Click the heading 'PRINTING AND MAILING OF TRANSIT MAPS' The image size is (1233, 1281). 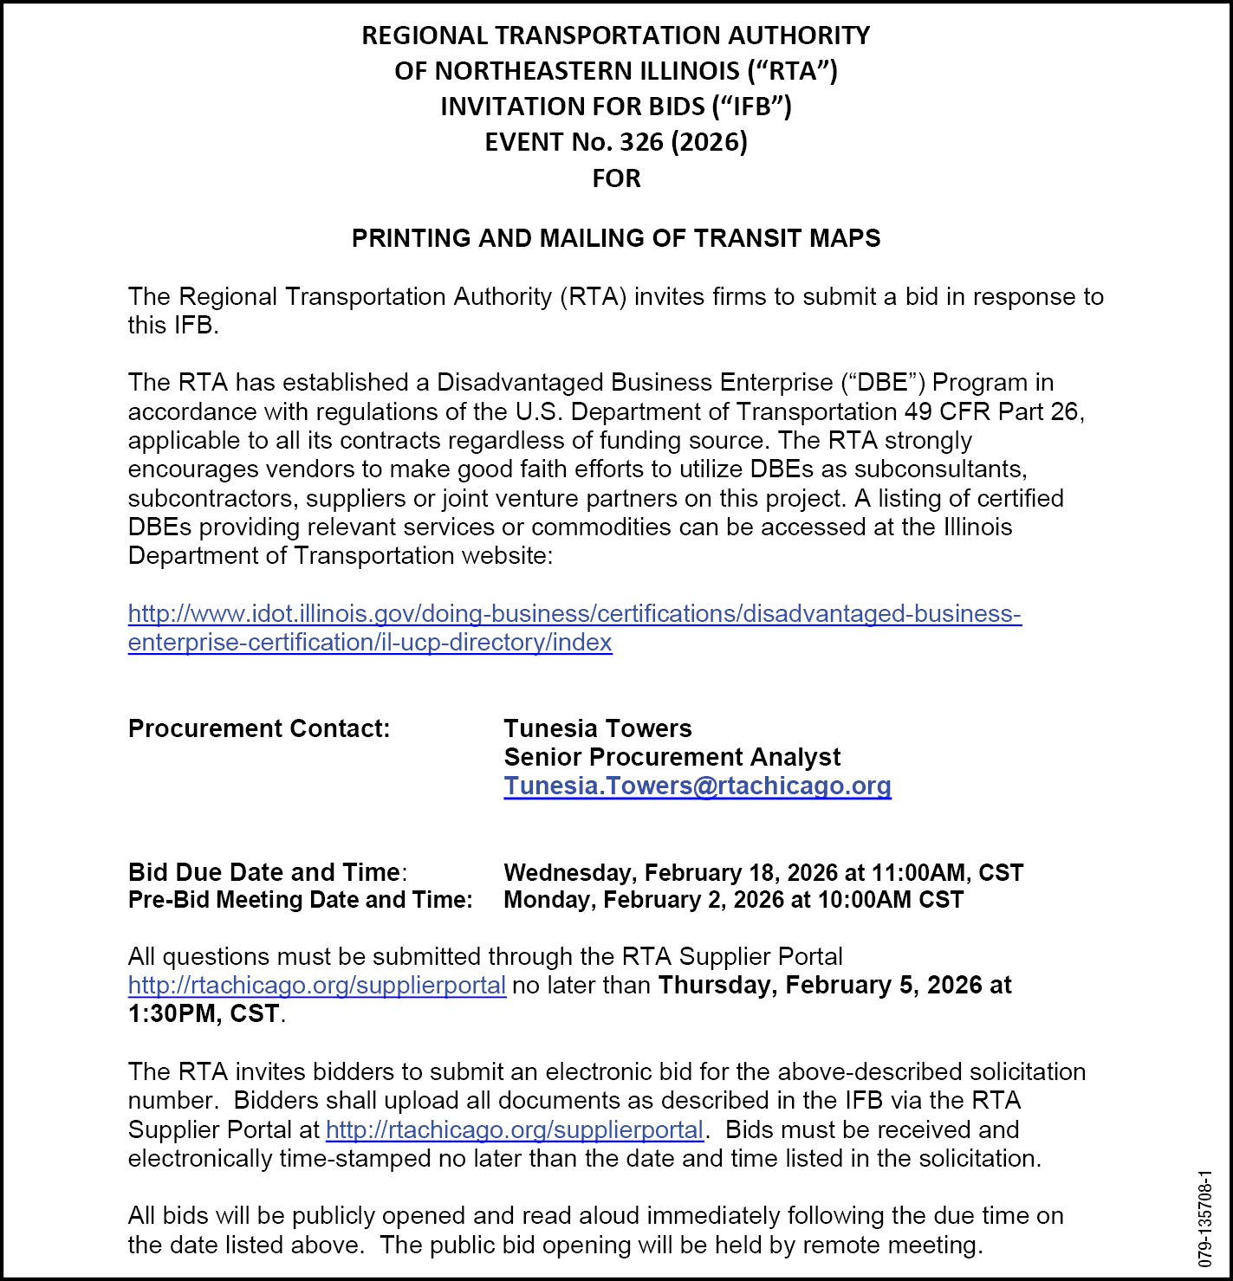(x=616, y=238)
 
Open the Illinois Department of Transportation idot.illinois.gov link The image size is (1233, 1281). (x=574, y=614)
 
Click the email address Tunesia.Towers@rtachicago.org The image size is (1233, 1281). (x=698, y=786)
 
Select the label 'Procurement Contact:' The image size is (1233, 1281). (x=259, y=728)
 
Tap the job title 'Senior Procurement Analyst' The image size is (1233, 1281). (x=672, y=757)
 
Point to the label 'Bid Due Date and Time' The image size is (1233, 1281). (x=264, y=872)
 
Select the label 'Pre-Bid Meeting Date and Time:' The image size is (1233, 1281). (x=300, y=900)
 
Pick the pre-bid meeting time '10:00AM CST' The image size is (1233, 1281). (x=890, y=900)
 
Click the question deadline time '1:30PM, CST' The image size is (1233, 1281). (x=204, y=1013)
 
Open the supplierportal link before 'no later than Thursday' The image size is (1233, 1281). (x=317, y=986)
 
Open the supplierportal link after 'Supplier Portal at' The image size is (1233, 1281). (x=515, y=1129)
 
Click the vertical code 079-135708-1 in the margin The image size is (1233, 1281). (x=1205, y=1220)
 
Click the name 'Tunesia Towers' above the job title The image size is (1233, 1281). (x=598, y=728)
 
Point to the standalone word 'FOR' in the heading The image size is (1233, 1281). (x=616, y=178)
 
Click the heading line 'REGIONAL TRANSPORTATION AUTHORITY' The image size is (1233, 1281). (x=616, y=36)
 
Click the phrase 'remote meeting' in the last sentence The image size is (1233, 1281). (x=892, y=1245)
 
